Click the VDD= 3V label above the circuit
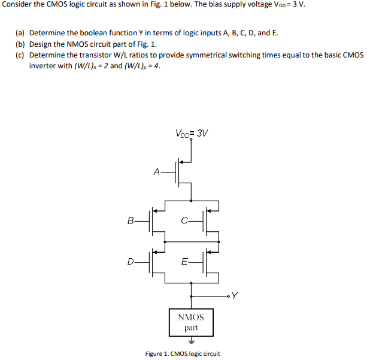(x=192, y=133)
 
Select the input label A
(x=157, y=172)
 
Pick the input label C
(x=184, y=220)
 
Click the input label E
(x=184, y=261)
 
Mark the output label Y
(x=235, y=295)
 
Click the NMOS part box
(x=191, y=322)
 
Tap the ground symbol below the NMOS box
(x=191, y=341)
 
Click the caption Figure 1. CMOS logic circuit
(x=183, y=353)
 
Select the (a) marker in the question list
(x=20, y=33)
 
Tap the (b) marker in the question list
(x=20, y=44)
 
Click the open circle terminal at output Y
(x=228, y=295)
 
